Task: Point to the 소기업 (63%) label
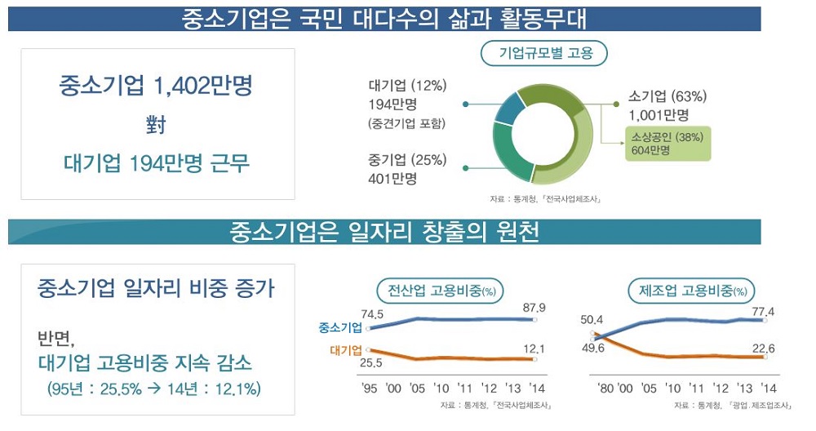(x=667, y=96)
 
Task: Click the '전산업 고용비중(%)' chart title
(x=440, y=290)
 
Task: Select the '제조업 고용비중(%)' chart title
(x=691, y=290)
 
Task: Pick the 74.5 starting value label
(x=372, y=314)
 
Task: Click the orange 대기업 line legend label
(x=345, y=351)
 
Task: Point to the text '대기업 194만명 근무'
(x=157, y=163)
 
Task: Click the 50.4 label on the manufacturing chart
(x=592, y=319)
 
